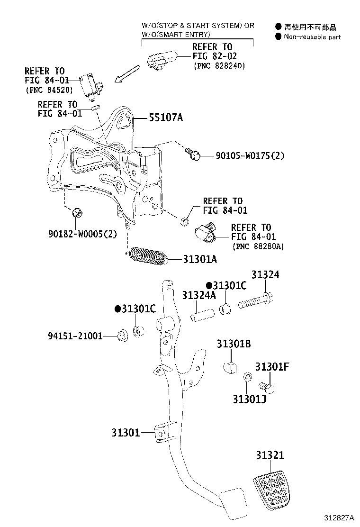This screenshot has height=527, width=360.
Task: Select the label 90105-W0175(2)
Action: tap(250, 155)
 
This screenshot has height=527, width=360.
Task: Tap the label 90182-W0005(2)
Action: tap(82, 234)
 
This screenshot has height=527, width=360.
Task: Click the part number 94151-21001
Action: tap(75, 336)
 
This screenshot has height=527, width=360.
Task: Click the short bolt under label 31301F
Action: tap(270, 388)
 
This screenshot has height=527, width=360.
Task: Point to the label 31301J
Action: tap(249, 399)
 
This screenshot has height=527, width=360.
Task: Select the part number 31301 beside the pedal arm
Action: tap(126, 432)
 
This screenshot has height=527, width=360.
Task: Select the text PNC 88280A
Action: tap(258, 246)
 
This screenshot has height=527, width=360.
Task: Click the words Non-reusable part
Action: tap(312, 37)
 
